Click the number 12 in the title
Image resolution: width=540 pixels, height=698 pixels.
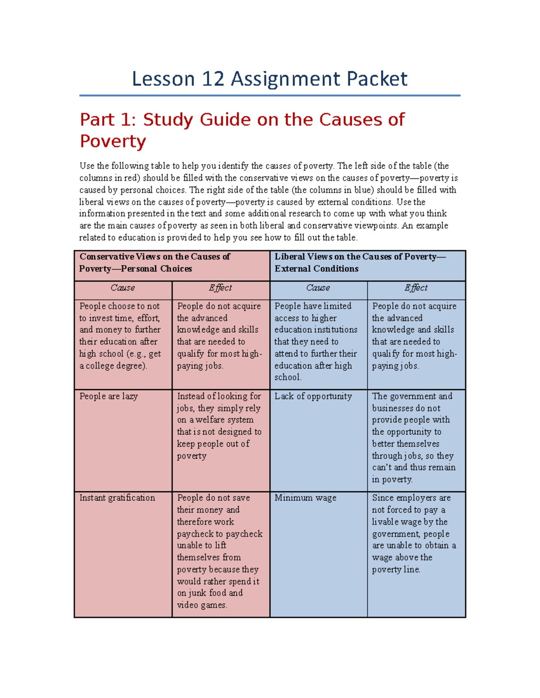point(213,79)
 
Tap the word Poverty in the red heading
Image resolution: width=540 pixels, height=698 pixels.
point(113,141)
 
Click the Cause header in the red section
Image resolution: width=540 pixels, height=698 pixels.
point(123,288)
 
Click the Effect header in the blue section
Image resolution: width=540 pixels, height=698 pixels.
point(416,288)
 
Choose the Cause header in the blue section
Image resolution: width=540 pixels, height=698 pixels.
point(318,288)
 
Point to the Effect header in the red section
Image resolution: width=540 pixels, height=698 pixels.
point(220,288)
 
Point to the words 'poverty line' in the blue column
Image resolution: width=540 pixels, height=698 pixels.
point(396,569)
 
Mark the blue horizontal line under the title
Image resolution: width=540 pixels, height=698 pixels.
point(270,95)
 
